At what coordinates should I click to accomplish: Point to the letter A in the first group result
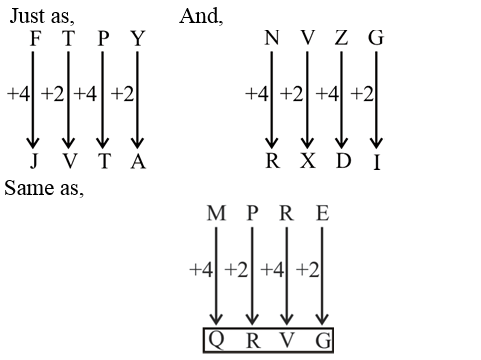[138, 162]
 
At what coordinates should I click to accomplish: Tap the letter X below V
[307, 161]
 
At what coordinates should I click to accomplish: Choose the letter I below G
[376, 163]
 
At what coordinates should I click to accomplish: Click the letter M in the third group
[216, 215]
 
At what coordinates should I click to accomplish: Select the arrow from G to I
[376, 100]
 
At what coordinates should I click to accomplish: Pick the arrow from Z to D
[341, 100]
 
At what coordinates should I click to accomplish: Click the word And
[201, 17]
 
